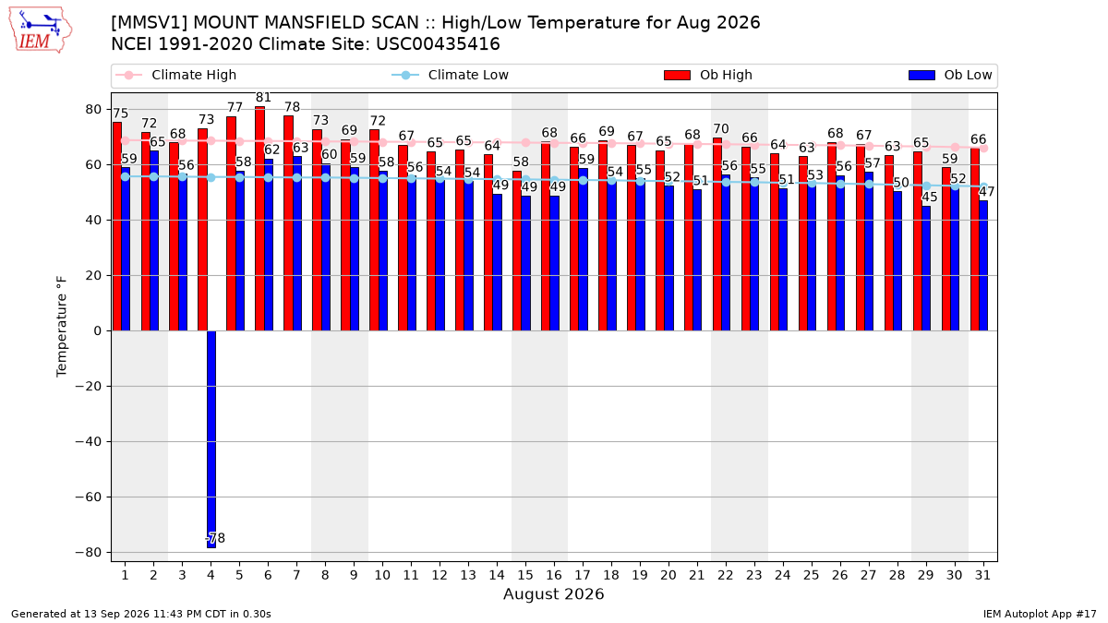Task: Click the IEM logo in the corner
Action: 40,30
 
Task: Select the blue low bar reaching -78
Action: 211,439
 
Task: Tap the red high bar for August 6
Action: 259,219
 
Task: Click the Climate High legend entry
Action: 175,75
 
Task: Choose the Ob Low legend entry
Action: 950,75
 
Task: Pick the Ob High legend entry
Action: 708,75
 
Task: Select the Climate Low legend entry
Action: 451,75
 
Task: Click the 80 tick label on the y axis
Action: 93,109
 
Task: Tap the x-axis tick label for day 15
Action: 525,575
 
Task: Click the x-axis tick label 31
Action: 982,575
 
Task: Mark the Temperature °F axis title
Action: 61,327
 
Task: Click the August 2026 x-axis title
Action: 553,593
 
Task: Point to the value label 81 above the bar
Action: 263,98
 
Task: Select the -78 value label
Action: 215,538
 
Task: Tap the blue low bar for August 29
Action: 926,268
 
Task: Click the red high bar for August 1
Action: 117,226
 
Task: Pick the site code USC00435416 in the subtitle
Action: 438,44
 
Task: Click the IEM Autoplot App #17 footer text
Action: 1040,614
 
